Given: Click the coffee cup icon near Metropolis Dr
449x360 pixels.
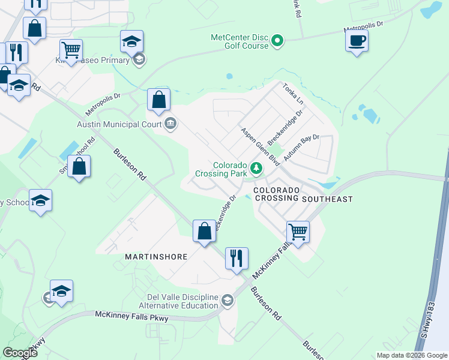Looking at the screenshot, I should pos(357,41).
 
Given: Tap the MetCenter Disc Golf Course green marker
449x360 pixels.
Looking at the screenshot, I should pos(277,41).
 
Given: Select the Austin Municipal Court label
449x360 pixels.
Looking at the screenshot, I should pos(119,124).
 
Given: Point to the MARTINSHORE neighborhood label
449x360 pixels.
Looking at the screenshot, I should pos(156,256).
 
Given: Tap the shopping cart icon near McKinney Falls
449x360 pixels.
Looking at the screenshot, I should pos(298,231).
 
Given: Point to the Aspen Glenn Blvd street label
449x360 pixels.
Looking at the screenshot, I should pos(261,146).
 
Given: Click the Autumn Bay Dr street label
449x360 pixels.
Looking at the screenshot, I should pos(300,148).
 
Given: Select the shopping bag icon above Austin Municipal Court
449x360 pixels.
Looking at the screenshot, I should pos(159,100).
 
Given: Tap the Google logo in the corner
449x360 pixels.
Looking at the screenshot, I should pos(20,353).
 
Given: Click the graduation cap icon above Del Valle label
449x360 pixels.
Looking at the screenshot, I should pos(61,292).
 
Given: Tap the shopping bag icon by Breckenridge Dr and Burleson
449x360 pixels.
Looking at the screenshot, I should pos(204,231).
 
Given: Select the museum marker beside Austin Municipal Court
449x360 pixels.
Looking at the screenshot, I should pos(170,124).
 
